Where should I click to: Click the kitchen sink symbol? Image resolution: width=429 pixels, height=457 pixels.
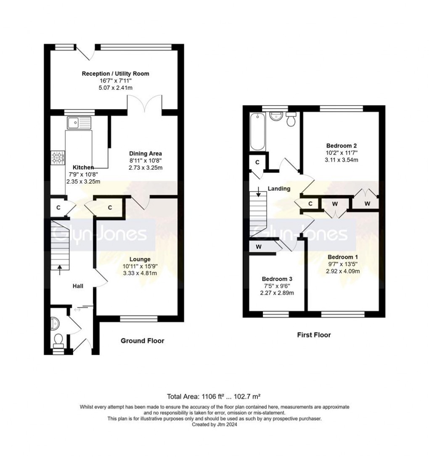pos(78,123)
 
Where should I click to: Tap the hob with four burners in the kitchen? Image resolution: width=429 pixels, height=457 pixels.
pos(58,158)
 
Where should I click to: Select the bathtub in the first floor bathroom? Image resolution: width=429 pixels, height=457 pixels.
pos(257,131)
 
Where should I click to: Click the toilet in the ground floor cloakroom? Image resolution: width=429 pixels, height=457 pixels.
pos(58,338)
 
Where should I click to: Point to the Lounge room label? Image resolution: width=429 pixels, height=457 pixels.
pos(140,259)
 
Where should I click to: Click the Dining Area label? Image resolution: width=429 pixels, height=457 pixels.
pos(145,153)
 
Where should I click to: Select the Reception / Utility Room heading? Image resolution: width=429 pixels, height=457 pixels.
pos(115,74)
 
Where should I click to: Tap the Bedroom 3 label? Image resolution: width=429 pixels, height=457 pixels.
pos(277,279)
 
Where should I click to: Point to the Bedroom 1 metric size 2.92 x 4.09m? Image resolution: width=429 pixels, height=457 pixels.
pos(343,271)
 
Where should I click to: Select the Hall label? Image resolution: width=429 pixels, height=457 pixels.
pos(77,286)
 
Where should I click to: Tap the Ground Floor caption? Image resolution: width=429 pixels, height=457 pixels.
pos(142,341)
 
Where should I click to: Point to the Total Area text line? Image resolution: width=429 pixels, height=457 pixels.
pos(214,396)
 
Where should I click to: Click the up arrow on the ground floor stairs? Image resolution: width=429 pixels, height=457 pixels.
pos(59,268)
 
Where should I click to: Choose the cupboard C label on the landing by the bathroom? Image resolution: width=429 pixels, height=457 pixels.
pos(257,163)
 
